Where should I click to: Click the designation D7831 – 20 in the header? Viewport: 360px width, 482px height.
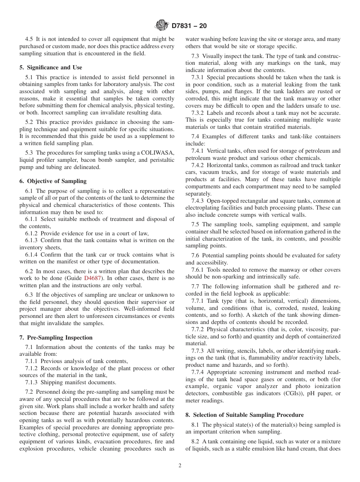point(189,26)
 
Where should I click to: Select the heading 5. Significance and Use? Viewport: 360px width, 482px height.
point(51,67)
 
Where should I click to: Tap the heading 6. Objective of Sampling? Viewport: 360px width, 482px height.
point(53,181)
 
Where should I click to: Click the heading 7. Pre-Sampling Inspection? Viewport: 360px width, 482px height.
point(56,338)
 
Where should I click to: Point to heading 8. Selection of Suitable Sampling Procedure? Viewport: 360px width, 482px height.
point(244,415)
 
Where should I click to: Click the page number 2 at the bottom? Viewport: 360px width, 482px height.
point(180,466)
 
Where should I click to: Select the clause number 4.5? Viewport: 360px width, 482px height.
point(29,39)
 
